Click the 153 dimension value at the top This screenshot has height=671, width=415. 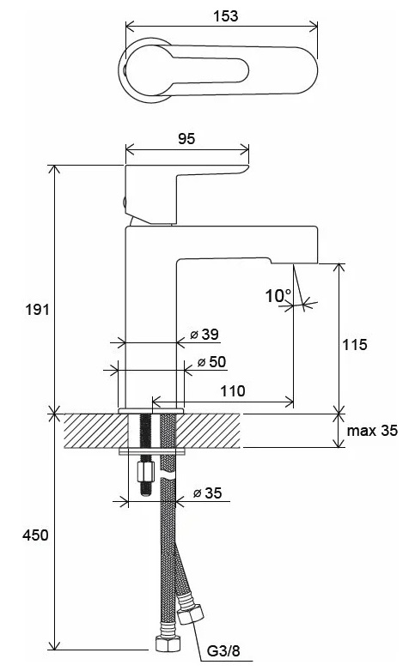[x=225, y=15]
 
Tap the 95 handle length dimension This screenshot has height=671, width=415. [x=186, y=138]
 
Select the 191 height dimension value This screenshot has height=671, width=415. [x=38, y=309]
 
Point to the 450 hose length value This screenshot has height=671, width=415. [x=35, y=535]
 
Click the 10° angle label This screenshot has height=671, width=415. [x=278, y=296]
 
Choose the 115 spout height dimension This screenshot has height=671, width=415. [x=355, y=344]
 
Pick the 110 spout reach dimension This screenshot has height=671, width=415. [x=233, y=390]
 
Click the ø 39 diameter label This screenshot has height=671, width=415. [x=204, y=335]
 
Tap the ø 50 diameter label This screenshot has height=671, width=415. [x=211, y=361]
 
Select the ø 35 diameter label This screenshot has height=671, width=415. [x=208, y=493]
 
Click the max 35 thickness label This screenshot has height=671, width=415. [x=372, y=430]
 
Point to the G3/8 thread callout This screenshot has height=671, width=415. [x=223, y=651]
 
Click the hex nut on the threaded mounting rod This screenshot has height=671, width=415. [x=146, y=472]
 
